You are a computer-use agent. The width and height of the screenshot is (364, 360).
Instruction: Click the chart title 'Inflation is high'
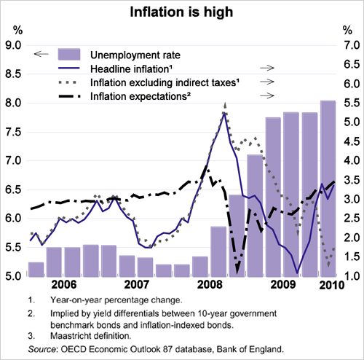click(181, 12)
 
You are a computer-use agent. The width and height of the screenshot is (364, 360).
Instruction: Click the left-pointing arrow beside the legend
click(41, 54)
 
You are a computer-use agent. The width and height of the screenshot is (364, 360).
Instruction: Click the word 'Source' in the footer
click(44, 348)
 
